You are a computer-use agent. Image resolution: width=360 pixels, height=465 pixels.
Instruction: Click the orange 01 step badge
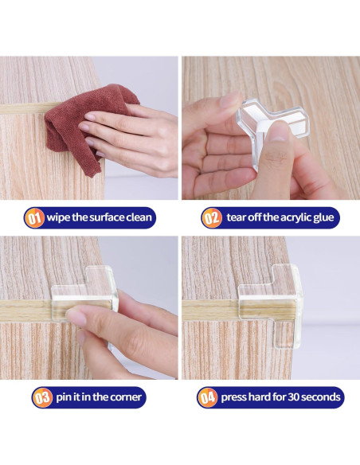36,217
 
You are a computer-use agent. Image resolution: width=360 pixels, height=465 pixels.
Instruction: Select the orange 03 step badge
41,396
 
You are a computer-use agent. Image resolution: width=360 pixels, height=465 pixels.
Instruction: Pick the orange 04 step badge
208,396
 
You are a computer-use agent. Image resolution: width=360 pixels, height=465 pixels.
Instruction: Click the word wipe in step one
62,217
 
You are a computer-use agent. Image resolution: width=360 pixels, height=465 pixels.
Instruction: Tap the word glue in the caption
327,217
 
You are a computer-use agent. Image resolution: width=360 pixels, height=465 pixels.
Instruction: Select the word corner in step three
125,396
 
